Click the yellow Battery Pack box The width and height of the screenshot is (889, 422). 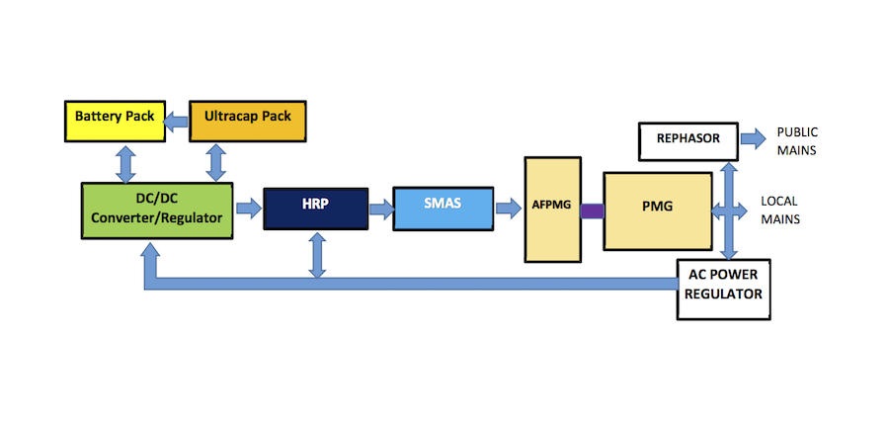pos(114,118)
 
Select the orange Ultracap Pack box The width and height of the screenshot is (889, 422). pos(247,118)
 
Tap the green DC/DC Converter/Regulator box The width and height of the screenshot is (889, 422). pos(157,210)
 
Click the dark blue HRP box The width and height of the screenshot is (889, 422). pos(315,209)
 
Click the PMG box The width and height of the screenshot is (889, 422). pos(657,210)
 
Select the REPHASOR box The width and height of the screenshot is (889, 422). pos(687,140)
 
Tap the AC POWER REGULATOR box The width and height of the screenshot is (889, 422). pos(723,288)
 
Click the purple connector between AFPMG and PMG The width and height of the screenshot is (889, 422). pos(592,211)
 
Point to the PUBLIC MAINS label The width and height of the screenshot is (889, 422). pos(797,139)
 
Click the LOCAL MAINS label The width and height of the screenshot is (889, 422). pos(779,210)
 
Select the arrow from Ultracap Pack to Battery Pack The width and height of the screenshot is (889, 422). pos(176,120)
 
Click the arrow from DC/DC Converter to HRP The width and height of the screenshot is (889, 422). pos(248,209)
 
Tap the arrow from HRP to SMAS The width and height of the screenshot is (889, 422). pos(379,209)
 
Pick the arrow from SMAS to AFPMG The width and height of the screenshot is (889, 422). pos(508,209)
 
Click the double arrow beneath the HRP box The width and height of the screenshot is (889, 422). pos(317,254)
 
